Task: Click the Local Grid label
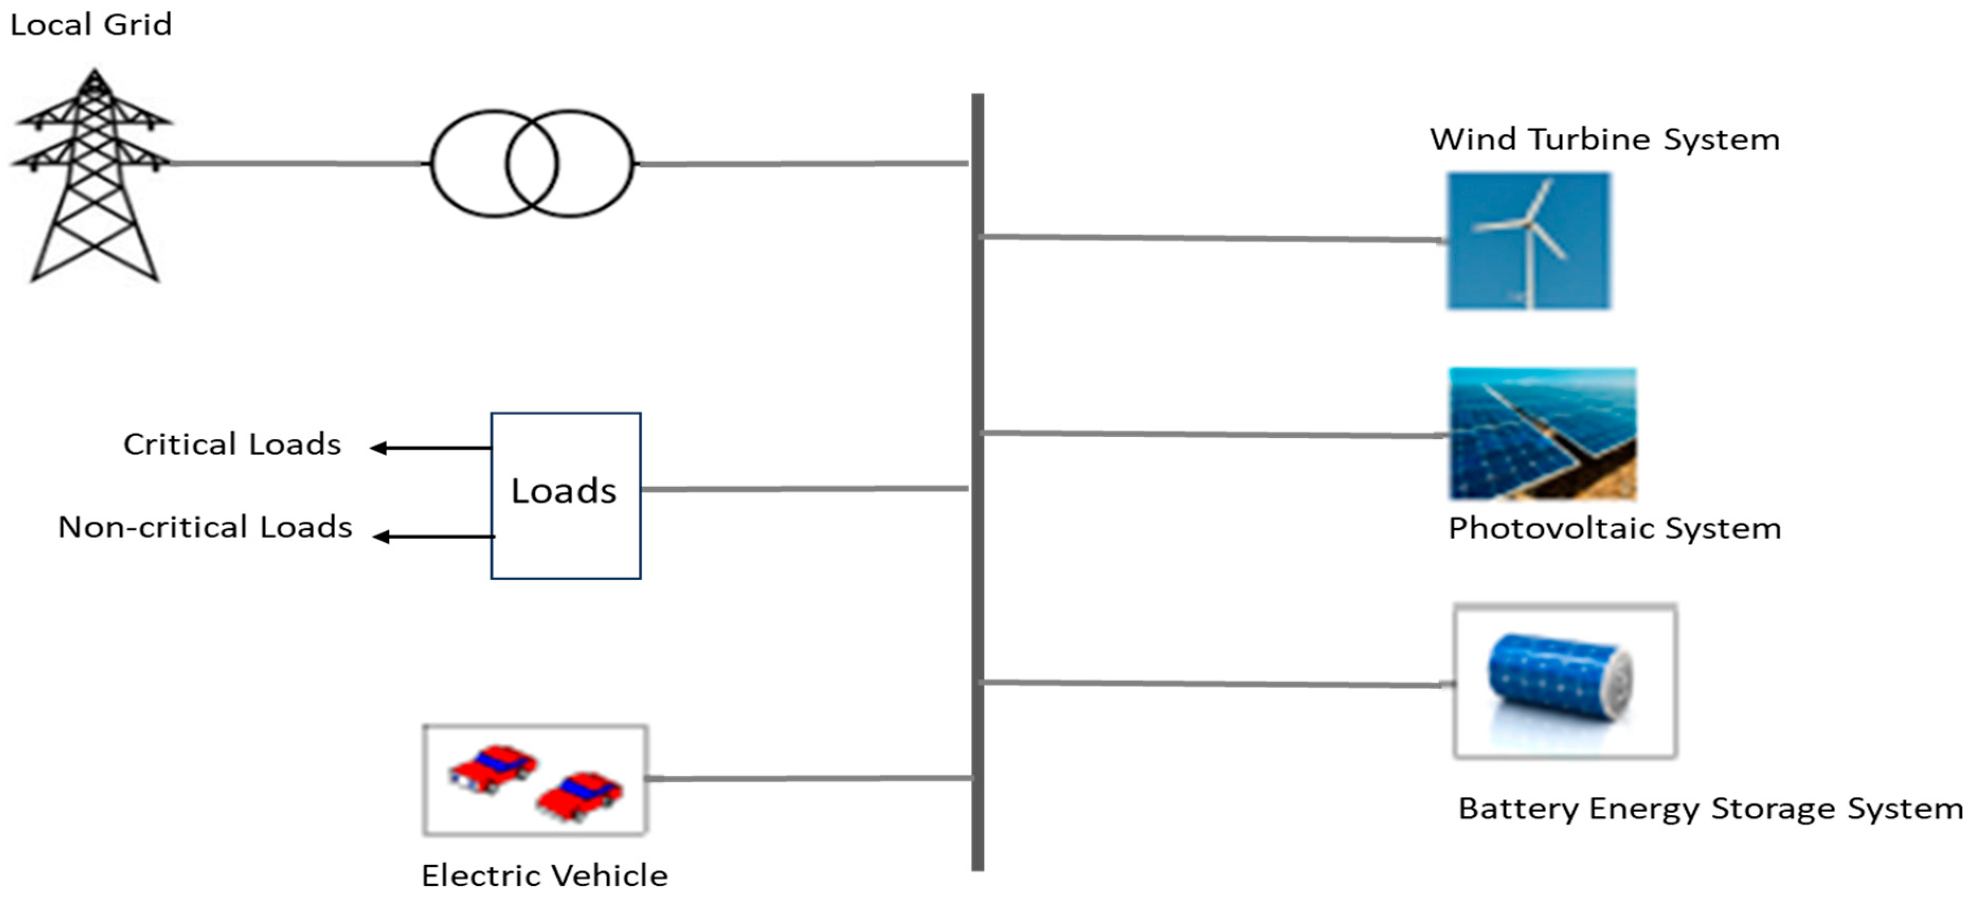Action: (x=91, y=24)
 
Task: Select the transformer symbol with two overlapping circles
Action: (x=532, y=164)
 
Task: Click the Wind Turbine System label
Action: (x=1604, y=140)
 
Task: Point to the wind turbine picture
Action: (x=1528, y=241)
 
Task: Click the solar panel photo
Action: (x=1542, y=434)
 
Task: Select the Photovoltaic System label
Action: (x=1614, y=528)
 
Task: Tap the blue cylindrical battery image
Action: (x=1558, y=677)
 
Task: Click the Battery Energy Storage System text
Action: (x=1710, y=808)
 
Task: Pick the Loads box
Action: (x=565, y=495)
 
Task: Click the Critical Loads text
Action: (x=232, y=445)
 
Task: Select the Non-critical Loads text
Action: (x=205, y=527)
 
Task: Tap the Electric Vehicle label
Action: (x=544, y=876)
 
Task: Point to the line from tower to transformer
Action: (x=298, y=163)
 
